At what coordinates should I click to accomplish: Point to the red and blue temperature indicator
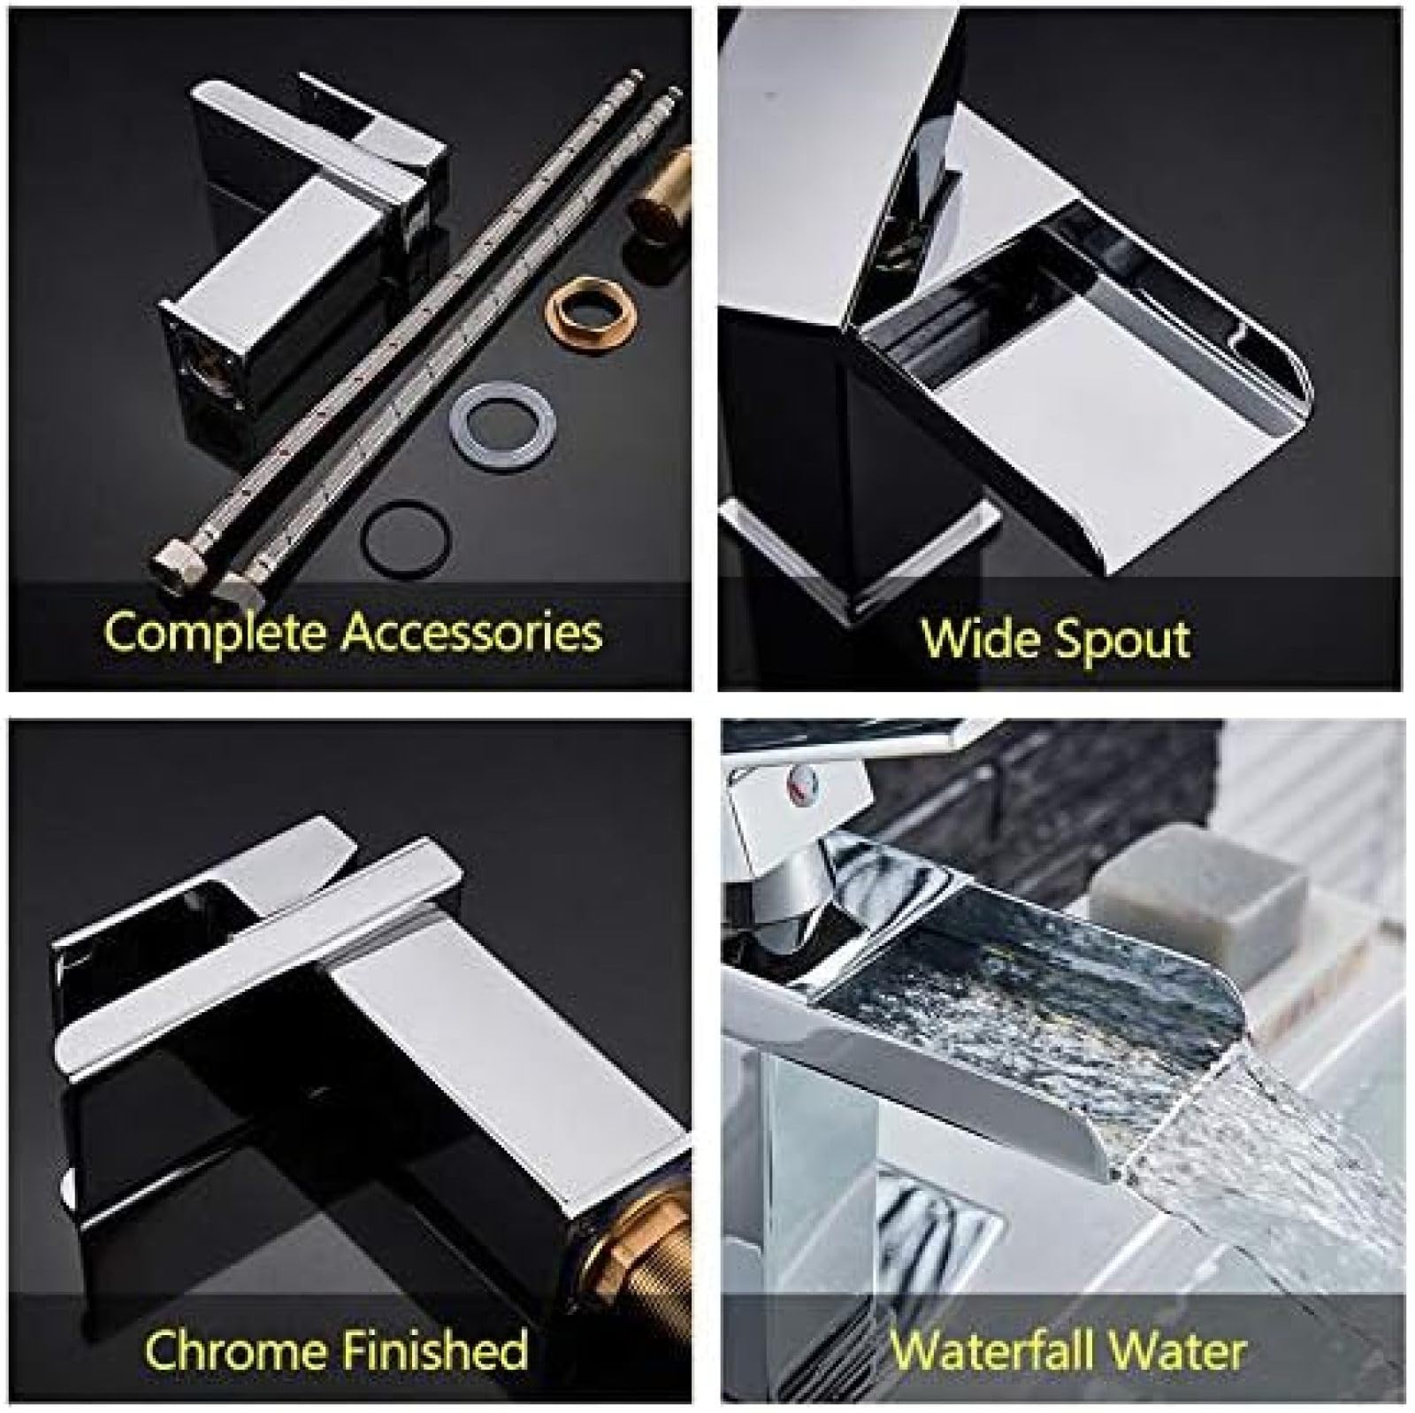(x=801, y=779)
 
